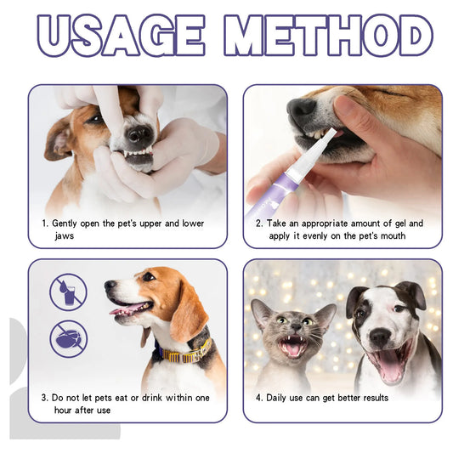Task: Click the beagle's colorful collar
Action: (182, 351)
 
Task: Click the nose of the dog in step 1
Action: (141, 134)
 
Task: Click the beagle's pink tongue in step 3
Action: (125, 309)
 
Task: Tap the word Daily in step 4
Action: (286, 398)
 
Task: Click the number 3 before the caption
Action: (44, 398)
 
